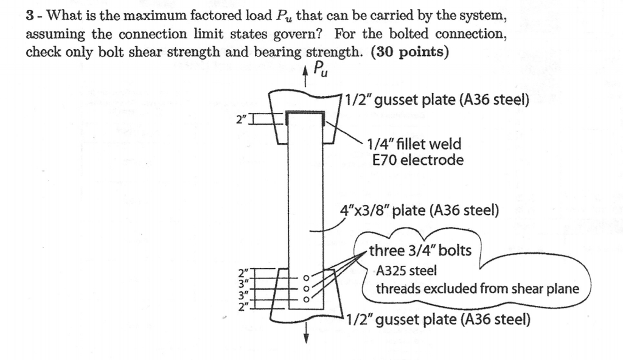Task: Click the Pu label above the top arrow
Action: coord(322,72)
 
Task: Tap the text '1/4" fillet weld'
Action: coord(414,144)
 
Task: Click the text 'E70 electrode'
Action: coord(417,160)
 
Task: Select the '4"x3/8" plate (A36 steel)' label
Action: coord(420,211)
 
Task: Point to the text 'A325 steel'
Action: coord(405,270)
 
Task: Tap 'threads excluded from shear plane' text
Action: coord(478,288)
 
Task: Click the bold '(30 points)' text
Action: coord(409,52)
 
